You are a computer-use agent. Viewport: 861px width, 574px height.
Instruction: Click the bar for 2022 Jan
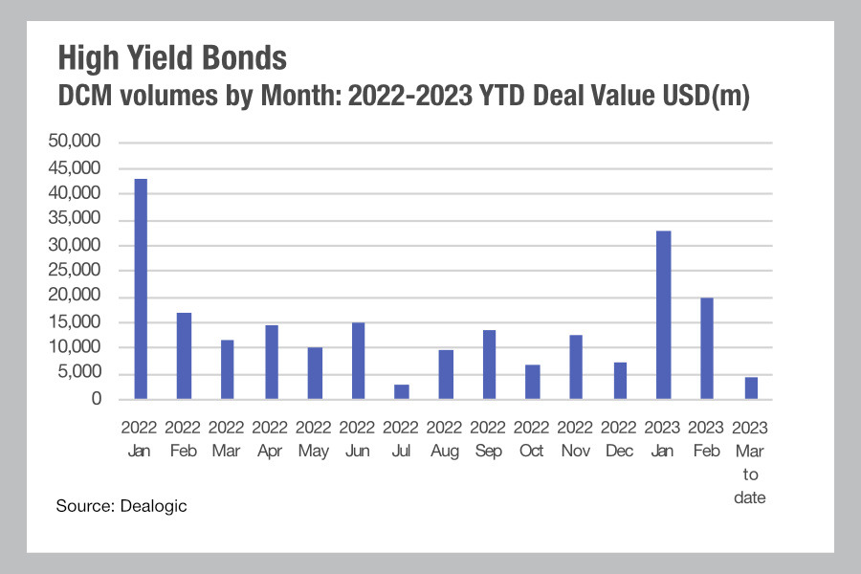tap(141, 289)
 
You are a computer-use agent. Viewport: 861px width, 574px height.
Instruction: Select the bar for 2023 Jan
tap(663, 315)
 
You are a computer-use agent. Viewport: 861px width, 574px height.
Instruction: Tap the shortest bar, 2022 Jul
tap(402, 391)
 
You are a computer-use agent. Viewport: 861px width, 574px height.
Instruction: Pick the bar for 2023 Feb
tap(707, 348)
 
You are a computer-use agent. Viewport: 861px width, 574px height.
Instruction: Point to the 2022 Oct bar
tap(533, 382)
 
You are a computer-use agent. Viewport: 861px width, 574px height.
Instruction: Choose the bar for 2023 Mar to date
tap(751, 387)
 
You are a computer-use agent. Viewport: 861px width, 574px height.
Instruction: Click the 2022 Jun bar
tap(358, 361)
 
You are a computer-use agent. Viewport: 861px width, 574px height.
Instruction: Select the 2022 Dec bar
tap(620, 381)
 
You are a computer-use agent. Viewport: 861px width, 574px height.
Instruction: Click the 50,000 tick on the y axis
tap(74, 141)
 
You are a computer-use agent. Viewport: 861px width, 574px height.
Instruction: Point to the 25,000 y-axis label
tap(74, 270)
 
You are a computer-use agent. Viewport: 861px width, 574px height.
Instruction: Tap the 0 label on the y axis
tap(97, 398)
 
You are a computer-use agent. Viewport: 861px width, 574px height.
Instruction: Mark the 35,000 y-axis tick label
tap(74, 218)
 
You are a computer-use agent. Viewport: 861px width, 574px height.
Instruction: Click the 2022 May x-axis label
tap(314, 439)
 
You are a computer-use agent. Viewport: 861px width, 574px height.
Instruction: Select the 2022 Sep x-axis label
tap(488, 439)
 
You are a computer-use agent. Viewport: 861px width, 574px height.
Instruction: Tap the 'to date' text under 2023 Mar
tap(750, 486)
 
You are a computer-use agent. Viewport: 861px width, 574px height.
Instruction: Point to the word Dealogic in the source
tap(153, 506)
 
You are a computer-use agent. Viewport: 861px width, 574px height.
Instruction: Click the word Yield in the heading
tap(161, 57)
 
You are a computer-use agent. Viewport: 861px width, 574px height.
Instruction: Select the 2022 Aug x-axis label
tap(444, 439)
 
